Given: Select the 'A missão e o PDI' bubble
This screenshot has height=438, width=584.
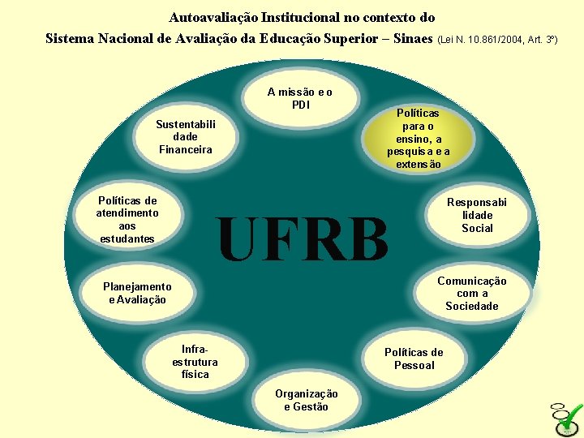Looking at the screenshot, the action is click(x=299, y=98).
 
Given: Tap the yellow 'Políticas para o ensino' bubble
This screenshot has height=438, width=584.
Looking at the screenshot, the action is click(x=418, y=139).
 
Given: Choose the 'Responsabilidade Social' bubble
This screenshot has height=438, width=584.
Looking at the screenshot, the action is click(x=477, y=215).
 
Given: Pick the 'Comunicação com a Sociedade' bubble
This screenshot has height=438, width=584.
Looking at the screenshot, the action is click(x=471, y=293).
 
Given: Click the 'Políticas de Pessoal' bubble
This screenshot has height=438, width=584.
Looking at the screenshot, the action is click(x=414, y=359).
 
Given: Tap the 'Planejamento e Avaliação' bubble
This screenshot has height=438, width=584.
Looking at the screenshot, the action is click(x=137, y=293).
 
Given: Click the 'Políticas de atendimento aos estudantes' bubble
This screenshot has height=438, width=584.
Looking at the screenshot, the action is click(x=127, y=220).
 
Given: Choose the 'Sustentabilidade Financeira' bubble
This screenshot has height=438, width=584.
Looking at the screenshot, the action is click(x=186, y=137).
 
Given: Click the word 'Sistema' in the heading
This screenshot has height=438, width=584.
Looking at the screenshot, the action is click(x=71, y=38).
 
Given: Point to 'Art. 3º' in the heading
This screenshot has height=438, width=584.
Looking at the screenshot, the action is click(x=540, y=39).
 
